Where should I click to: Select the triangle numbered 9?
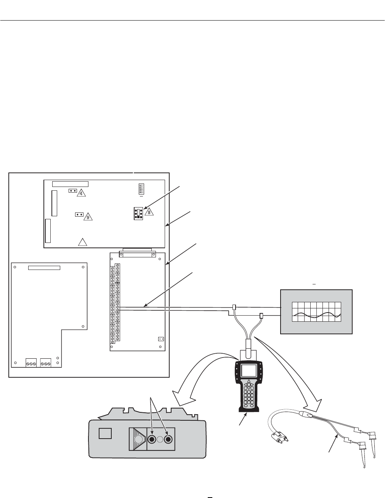[x=88, y=217]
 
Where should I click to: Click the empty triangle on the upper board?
[x=83, y=242]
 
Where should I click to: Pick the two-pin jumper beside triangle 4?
[x=73, y=190]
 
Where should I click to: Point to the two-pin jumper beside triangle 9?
[x=80, y=214]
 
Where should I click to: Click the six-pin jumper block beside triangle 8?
[x=138, y=213]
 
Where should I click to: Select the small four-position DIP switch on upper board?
[x=141, y=188]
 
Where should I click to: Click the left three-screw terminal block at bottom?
[x=31, y=363]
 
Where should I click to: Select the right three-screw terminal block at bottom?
[x=46, y=363]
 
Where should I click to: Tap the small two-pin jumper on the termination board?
[x=160, y=339]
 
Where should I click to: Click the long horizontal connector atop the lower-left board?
[x=44, y=268]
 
